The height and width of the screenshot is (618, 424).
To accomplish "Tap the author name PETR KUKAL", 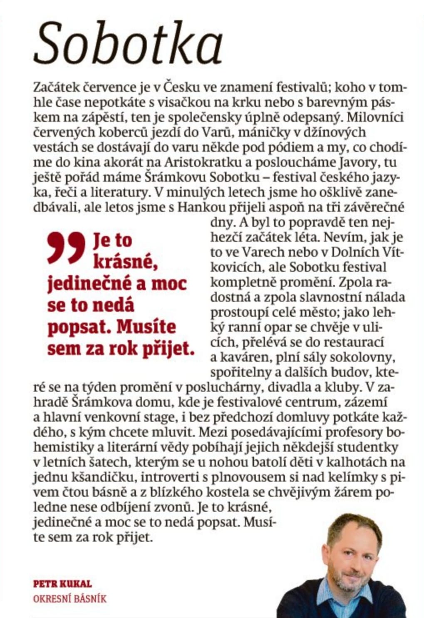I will tap(62, 583).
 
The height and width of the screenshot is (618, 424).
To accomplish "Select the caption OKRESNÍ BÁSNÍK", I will tap(70, 599).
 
